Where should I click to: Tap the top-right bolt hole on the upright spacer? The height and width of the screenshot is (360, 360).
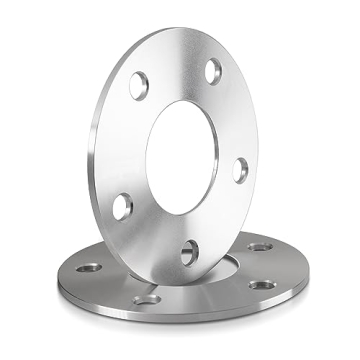[x=213, y=72]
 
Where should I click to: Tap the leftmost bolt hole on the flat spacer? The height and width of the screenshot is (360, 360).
[x=88, y=267]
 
